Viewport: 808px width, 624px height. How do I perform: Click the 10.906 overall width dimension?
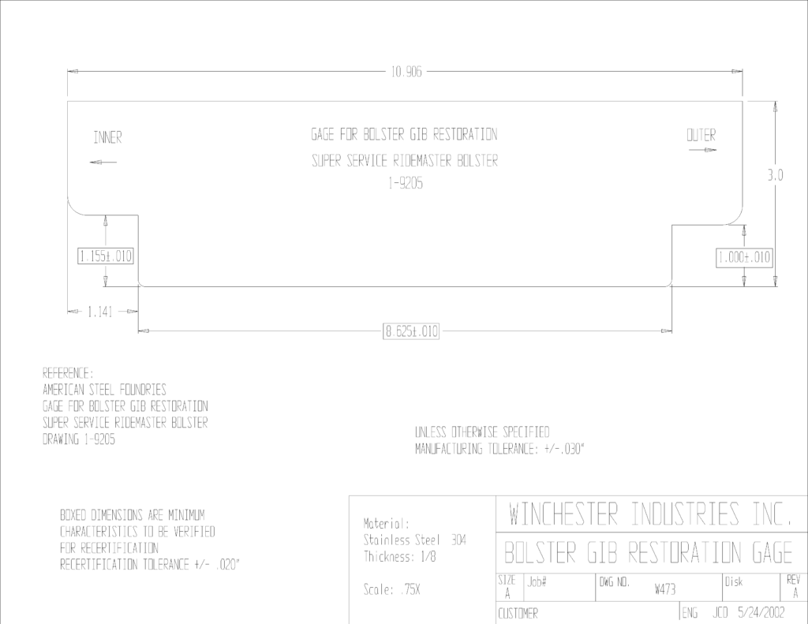click(406, 72)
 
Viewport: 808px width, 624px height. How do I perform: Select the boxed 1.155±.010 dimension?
click(106, 256)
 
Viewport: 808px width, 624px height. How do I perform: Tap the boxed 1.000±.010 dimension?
click(744, 258)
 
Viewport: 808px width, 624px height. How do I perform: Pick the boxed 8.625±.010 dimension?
click(411, 331)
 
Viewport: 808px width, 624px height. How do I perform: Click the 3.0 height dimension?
click(775, 176)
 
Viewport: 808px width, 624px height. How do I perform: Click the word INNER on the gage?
click(107, 137)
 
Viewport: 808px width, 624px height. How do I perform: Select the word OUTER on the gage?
click(701, 136)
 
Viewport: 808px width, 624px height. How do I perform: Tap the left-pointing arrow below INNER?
click(103, 163)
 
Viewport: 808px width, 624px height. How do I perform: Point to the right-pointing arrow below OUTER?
click(703, 150)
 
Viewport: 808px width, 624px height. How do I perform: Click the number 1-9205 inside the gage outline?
click(406, 184)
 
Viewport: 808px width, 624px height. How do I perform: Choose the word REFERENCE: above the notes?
click(68, 373)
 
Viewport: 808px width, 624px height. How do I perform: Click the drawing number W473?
click(664, 589)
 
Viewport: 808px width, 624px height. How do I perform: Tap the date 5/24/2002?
click(761, 613)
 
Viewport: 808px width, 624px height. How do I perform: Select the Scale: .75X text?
click(391, 589)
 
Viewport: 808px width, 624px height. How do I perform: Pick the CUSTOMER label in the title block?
click(518, 614)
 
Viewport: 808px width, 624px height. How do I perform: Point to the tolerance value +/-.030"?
click(564, 449)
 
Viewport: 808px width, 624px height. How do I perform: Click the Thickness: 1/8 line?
click(400, 556)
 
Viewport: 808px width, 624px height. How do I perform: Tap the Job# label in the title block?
click(537, 582)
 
